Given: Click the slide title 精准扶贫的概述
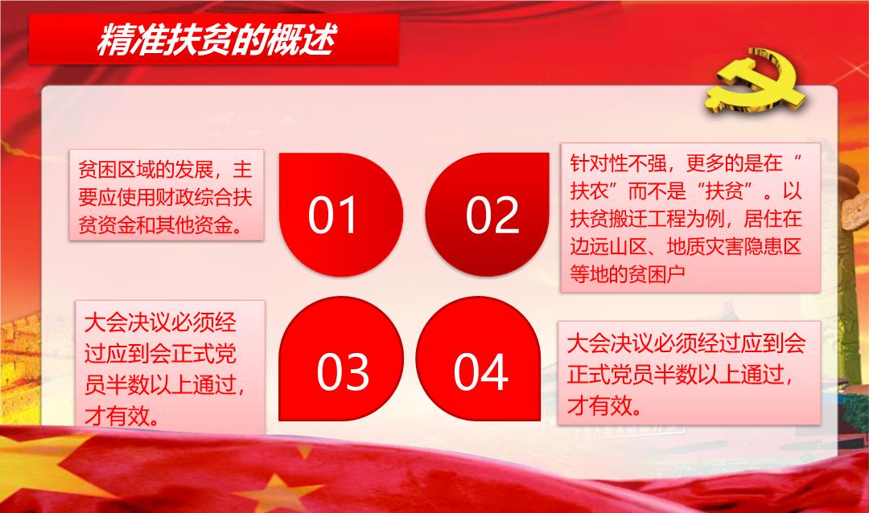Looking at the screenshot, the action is pos(216,40).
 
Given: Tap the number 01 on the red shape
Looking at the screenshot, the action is pos(332,215).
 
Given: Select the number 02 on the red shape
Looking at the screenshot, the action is pos(492,215).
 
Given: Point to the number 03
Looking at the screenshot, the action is pos(343,371).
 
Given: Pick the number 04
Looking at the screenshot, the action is pos(480,371).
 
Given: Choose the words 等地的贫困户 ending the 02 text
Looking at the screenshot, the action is pos(628,273).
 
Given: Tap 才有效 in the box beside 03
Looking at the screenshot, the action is pos(117,416).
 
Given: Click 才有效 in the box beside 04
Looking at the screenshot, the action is pos(599,406).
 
